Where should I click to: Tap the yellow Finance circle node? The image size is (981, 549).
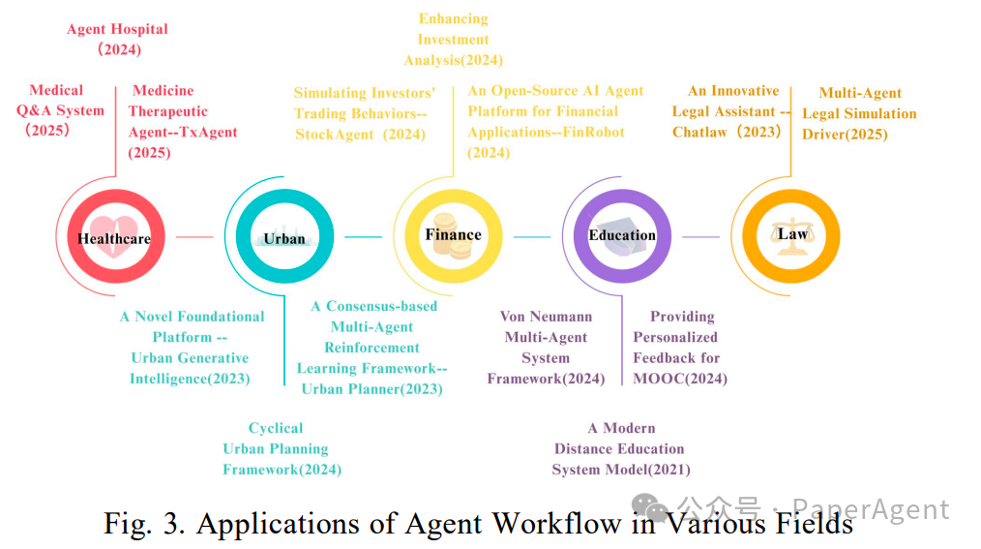pyautogui.click(x=452, y=235)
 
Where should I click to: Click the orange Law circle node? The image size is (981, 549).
pyautogui.click(x=790, y=235)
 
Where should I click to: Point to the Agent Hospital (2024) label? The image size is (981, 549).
pyautogui.click(x=117, y=39)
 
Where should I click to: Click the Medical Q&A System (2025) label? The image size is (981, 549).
pyautogui.click(x=59, y=110)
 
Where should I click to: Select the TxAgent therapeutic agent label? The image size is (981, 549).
pyautogui.click(x=183, y=122)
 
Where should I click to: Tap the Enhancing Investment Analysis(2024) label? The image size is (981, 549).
pyautogui.click(x=453, y=40)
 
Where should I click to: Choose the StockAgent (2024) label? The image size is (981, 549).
pyautogui.click(x=364, y=113)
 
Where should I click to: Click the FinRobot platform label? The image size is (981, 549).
pyautogui.click(x=554, y=121)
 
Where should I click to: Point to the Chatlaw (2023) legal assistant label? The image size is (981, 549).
pyautogui.click(x=731, y=111)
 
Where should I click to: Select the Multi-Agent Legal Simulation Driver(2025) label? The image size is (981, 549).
pyautogui.click(x=859, y=113)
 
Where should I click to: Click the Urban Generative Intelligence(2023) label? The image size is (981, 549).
pyautogui.click(x=191, y=348)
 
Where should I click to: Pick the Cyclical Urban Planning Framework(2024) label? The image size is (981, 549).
pyautogui.click(x=282, y=449)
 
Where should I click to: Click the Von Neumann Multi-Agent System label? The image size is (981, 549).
pyautogui.click(x=546, y=348)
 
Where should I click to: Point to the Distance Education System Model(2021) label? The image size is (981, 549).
pyautogui.click(x=620, y=449)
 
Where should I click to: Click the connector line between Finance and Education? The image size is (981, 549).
pyautogui.click(x=531, y=236)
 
